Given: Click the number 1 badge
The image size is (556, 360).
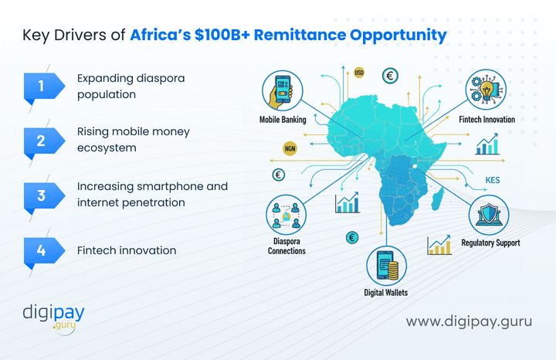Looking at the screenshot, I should coord(41,87).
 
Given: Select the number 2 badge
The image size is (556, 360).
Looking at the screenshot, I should coord(41,141).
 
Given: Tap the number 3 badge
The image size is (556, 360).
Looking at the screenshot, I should coord(41,195).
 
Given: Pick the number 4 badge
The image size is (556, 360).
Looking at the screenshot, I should coord(41,250).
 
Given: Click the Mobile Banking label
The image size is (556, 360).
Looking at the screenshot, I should coord(283,120).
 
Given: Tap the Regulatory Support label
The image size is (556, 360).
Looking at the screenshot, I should coord(490,243).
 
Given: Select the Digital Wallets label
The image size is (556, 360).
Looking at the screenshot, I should coord(386,293).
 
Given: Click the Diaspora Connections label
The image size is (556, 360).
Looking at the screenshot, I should coord(286,246).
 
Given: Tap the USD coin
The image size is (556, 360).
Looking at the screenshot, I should coord(359,73).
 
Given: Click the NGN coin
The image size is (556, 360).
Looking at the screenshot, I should coord(290,148).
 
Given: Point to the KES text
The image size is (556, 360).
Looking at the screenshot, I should coord(494,182).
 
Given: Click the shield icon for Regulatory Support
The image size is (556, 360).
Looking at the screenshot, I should coord(488,214).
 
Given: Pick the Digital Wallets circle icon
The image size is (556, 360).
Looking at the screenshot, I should coord(386,265).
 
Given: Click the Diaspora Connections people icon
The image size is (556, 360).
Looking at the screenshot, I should coord(286,216).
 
